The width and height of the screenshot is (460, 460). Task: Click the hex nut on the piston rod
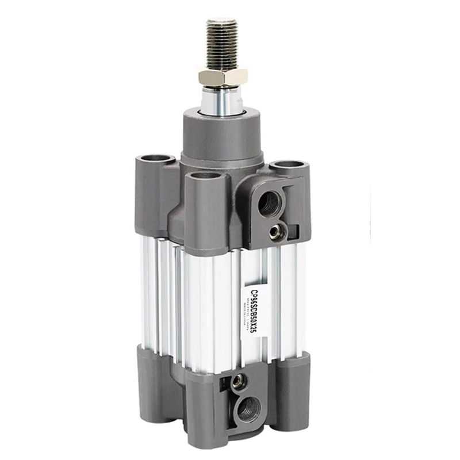pyautogui.click(x=223, y=76)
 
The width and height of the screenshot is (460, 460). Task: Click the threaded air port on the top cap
pyautogui.click(x=268, y=203)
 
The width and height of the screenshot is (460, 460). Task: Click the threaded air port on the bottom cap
pyautogui.click(x=249, y=409)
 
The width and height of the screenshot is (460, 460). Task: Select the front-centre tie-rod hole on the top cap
pyautogui.click(x=204, y=175)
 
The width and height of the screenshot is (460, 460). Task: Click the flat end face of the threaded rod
pyautogui.click(x=222, y=22)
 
